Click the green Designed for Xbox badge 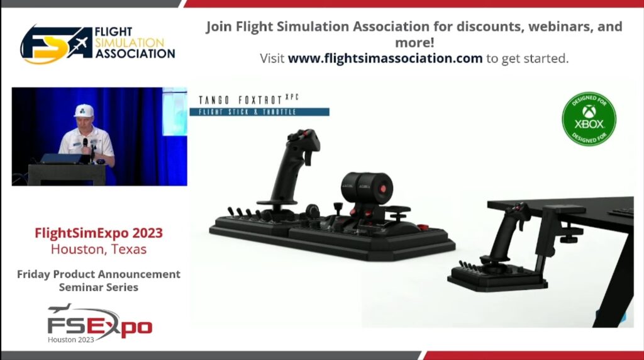tap(589, 119)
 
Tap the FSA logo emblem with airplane tap(56, 45)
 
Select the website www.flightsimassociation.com tap(386, 59)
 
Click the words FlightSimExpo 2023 tap(99, 233)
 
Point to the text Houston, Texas tap(99, 249)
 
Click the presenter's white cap tap(84, 110)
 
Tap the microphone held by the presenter tap(86, 145)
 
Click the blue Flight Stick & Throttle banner tap(259, 112)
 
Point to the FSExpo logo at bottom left tap(99, 324)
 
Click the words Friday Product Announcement tap(99, 274)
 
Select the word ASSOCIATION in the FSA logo tap(135, 53)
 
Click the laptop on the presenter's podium tap(62, 159)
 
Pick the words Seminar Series tap(99, 287)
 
